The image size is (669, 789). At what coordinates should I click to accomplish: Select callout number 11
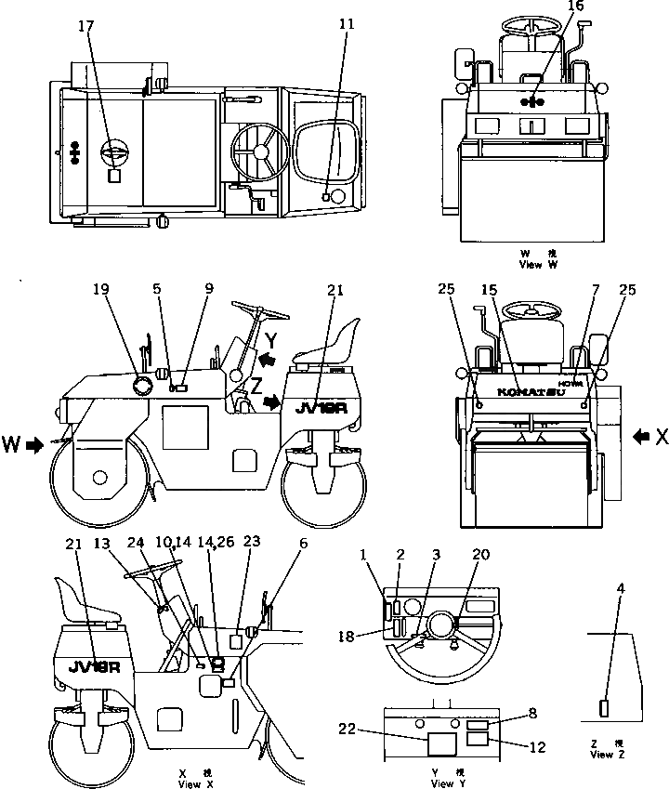point(348,23)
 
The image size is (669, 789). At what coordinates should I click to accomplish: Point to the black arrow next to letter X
point(642,434)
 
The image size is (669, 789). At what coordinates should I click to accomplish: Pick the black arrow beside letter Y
point(268,357)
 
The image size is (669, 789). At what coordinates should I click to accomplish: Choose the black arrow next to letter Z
point(274,402)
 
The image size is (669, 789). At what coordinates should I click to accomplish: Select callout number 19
point(101,289)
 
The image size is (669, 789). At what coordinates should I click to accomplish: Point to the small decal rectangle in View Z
point(605,708)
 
